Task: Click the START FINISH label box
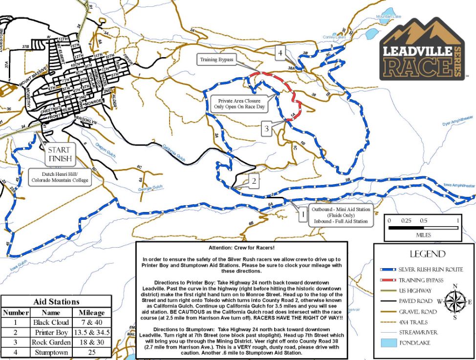click(x=59, y=154)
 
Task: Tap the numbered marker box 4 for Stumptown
click(x=280, y=52)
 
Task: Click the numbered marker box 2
click(x=254, y=182)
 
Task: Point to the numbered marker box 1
click(x=303, y=213)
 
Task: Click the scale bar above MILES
click(x=423, y=227)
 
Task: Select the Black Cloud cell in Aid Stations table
click(x=51, y=323)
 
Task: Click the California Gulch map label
click(x=174, y=154)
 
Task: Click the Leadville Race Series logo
click(x=421, y=49)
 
